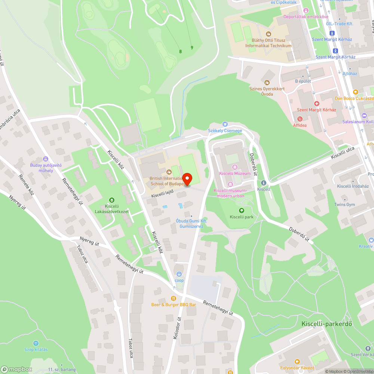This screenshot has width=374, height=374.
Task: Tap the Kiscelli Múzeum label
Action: click(235, 174)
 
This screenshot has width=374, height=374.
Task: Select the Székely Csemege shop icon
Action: click(225, 124)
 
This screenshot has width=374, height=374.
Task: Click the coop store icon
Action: click(179, 274)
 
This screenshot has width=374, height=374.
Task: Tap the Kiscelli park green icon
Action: click(242, 211)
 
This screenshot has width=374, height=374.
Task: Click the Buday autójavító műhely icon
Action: click(46, 159)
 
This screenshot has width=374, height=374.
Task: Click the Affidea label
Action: click(300, 125)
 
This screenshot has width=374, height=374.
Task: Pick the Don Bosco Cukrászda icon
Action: click(356, 92)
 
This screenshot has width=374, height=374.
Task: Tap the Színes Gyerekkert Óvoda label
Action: click(267, 91)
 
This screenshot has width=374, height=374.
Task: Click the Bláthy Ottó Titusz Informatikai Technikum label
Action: click(268, 43)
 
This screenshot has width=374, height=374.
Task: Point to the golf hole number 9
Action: click(192, 47)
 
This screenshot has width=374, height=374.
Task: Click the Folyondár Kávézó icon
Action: click(297, 361)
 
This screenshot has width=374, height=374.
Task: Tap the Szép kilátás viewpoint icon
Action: click(36, 343)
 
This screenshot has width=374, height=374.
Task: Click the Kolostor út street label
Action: click(177, 328)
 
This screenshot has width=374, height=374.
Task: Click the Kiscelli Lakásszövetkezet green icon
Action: click(111, 200)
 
